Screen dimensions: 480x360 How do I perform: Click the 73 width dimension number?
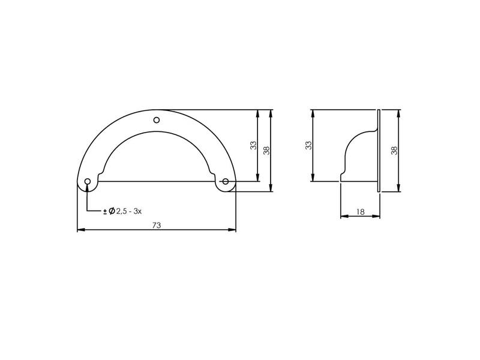click(x=157, y=226)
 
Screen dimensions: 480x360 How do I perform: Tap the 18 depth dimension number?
click(x=361, y=212)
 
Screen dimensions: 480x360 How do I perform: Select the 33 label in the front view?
click(x=253, y=145)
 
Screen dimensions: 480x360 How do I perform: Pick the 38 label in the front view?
click(x=266, y=150)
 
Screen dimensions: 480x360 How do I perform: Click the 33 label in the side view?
click(x=308, y=145)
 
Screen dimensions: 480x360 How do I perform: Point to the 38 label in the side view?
click(x=395, y=150)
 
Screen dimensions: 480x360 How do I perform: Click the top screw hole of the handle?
click(x=157, y=119)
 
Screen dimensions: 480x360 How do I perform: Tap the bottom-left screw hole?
click(x=88, y=182)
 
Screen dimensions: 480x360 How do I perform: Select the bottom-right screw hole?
click(x=226, y=182)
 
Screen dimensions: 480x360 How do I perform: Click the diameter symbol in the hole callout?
click(x=112, y=211)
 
